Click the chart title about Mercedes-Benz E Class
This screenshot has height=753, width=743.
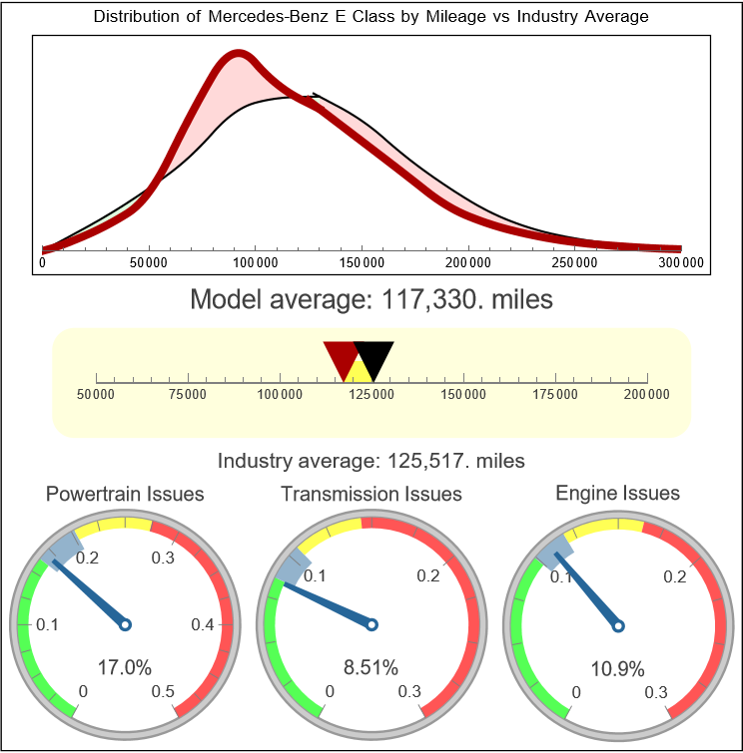(x=371, y=17)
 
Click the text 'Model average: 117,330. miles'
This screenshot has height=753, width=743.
(x=371, y=299)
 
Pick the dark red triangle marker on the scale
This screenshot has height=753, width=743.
(x=341, y=357)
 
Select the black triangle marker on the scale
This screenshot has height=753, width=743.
(x=374, y=357)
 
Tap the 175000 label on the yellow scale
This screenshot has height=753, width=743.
(x=555, y=395)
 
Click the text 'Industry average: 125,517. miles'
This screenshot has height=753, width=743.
(x=371, y=461)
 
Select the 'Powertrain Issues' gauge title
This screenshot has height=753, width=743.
(x=126, y=494)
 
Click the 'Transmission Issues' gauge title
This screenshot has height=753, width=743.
(x=371, y=494)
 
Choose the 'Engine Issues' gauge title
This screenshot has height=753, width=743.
(x=617, y=493)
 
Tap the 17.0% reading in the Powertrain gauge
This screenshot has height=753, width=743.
(x=125, y=667)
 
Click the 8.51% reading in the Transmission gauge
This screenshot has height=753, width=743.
(x=371, y=667)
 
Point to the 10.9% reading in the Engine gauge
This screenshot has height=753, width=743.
(x=617, y=667)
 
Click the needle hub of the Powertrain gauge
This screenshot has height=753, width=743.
(x=126, y=624)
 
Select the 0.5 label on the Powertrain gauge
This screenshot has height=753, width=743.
(x=164, y=692)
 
